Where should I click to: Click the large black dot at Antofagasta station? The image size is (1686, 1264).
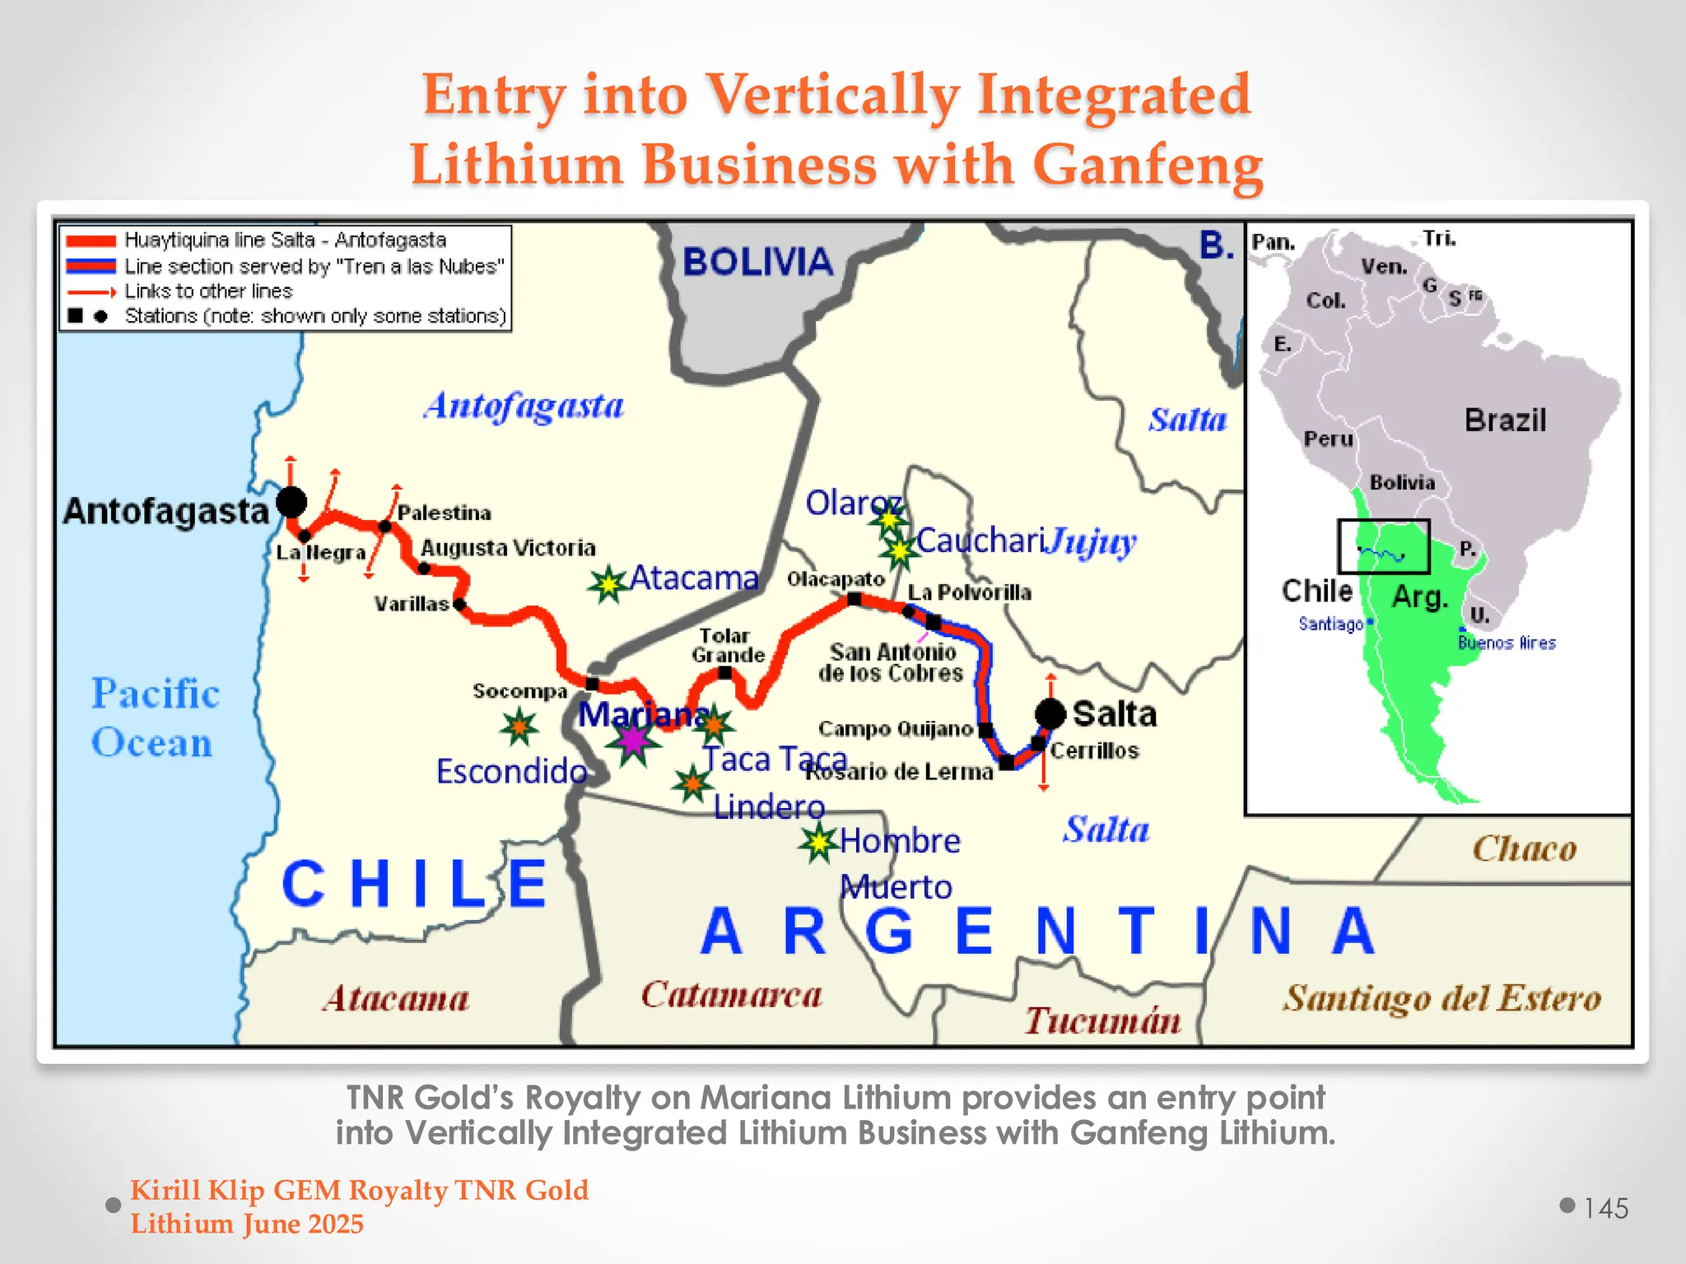291,501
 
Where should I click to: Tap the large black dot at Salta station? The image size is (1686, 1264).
1050,713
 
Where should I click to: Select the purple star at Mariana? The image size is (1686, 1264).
633,741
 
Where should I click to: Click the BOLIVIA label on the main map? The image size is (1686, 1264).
758,262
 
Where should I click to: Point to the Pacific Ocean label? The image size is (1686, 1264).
154,718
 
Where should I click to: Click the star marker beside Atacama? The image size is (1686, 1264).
608,584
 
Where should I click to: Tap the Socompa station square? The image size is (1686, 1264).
592,684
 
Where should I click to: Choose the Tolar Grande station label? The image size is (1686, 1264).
728,645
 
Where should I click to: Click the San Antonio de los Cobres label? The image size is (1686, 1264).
892,662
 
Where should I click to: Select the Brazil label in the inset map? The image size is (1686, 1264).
1505,421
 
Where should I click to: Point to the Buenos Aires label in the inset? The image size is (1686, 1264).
1507,643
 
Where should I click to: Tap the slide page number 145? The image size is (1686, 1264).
1605,1208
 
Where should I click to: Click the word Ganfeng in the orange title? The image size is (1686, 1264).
1148,164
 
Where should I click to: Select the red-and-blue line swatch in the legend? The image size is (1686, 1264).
91,266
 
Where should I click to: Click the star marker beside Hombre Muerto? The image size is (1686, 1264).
818,842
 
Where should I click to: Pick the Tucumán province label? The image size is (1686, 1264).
1102,1020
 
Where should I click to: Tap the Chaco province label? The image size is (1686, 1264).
1525,848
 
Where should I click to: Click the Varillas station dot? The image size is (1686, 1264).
459,605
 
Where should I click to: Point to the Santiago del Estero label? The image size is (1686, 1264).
1442,998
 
